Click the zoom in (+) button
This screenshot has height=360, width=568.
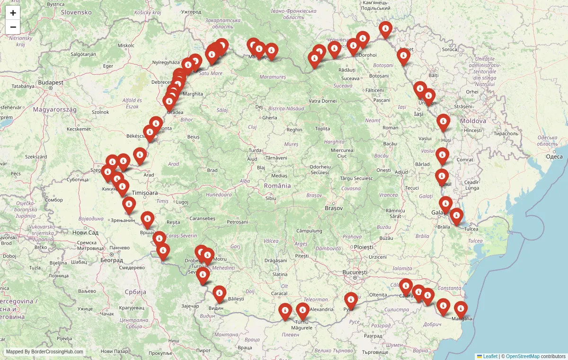[x=13, y=13]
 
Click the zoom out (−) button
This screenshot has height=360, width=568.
[x=13, y=27]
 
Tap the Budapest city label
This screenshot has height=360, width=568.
[x=51, y=82]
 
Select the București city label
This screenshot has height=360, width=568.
[x=355, y=272]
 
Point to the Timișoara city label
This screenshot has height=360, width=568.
[x=145, y=193]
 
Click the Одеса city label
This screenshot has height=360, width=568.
[x=554, y=156]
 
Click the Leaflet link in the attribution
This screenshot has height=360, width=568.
[x=490, y=356]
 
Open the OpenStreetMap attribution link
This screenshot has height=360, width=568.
[x=523, y=356]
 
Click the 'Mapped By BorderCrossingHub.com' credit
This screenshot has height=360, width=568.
[x=44, y=352]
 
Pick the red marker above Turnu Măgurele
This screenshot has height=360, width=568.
[x=302, y=311]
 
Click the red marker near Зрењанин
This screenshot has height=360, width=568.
[x=129, y=205]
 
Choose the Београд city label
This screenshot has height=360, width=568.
[x=112, y=260]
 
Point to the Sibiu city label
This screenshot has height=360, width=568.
[x=271, y=198]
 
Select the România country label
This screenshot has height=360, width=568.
[x=277, y=186]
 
